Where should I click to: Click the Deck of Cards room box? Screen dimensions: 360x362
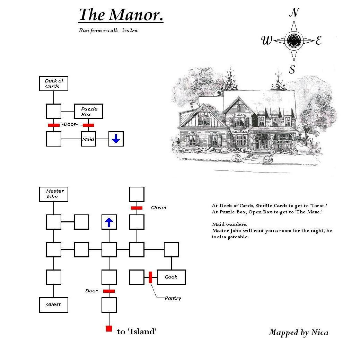[x=54, y=83]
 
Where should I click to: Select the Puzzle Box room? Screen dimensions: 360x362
[x=88, y=111]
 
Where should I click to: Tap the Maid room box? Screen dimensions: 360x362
[x=88, y=139]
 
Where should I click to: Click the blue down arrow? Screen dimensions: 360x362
[x=116, y=139]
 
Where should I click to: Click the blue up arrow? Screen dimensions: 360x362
[x=109, y=222]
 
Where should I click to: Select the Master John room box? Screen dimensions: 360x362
[x=54, y=194]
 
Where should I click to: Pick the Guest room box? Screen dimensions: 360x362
[x=54, y=305]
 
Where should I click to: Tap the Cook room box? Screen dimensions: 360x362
[x=172, y=277]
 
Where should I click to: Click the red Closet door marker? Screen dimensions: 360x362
[x=137, y=208]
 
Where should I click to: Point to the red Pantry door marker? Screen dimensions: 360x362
[x=151, y=277]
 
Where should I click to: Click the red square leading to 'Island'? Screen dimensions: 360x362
[x=109, y=328]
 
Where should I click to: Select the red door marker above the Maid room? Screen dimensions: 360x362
[x=88, y=125]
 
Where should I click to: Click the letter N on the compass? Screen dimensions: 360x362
[x=294, y=12]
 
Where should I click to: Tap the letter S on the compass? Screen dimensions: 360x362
[x=292, y=69]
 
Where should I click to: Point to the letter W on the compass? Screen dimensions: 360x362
[x=267, y=41]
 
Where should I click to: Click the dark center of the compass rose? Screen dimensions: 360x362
[x=294, y=41]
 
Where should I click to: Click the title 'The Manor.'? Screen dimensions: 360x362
[x=121, y=15]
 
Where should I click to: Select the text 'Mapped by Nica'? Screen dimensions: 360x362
[x=299, y=333]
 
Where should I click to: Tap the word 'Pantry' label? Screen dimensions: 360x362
[x=173, y=298]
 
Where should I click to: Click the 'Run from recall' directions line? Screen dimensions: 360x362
[x=108, y=30]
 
